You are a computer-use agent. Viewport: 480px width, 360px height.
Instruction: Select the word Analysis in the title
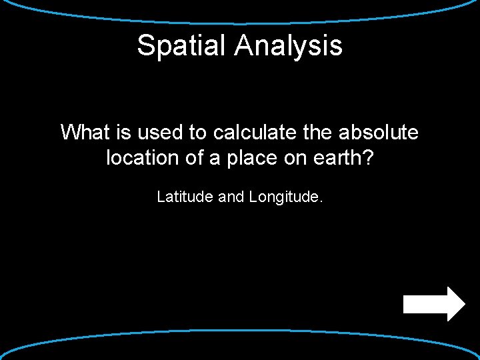click(289, 45)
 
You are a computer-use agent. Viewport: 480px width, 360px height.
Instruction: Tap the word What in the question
click(85, 133)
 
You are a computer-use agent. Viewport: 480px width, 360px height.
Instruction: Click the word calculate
click(253, 133)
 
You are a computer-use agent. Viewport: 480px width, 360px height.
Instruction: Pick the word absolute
click(378, 133)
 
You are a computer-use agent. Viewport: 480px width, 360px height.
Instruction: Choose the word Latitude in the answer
click(185, 197)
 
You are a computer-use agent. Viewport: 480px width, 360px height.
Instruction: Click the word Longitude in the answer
click(283, 197)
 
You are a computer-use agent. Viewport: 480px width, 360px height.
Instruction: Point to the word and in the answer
click(231, 197)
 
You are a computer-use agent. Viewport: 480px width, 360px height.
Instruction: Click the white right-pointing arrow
click(434, 304)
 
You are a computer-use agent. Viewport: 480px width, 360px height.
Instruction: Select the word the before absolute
click(317, 133)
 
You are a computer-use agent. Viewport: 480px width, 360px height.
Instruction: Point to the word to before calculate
click(198, 133)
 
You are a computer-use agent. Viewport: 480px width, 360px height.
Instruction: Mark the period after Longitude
click(321, 200)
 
